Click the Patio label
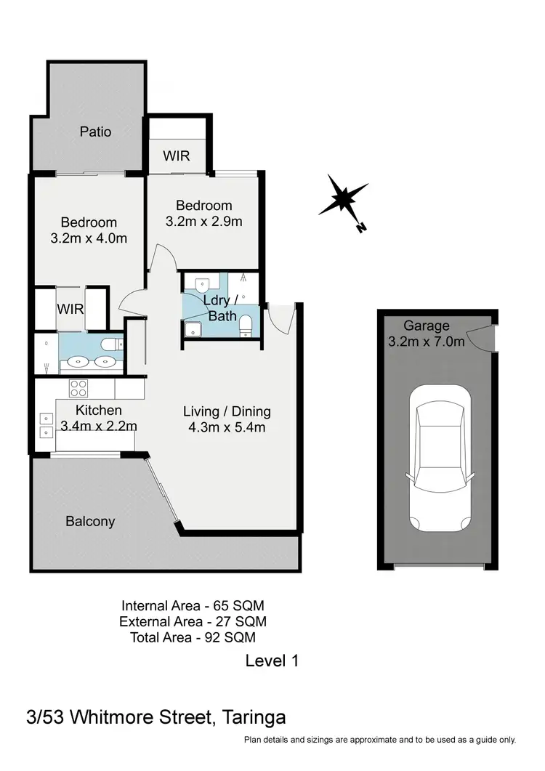[95, 132]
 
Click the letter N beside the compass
[361, 228]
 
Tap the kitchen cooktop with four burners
[78, 387]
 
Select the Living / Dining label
[227, 411]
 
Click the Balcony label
[90, 521]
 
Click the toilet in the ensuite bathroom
[111, 344]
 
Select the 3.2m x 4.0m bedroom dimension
[89, 238]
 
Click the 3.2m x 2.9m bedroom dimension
[203, 222]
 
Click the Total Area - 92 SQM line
[193, 637]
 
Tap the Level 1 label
[272, 661]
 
